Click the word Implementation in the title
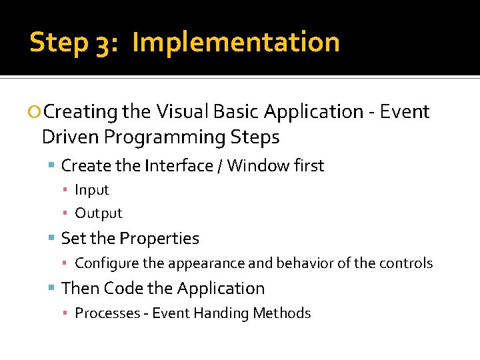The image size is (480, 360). point(236,42)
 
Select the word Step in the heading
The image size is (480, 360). point(59,43)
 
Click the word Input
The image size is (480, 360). point(91,190)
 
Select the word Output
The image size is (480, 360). point(99,213)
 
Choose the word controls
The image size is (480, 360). point(407,263)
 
